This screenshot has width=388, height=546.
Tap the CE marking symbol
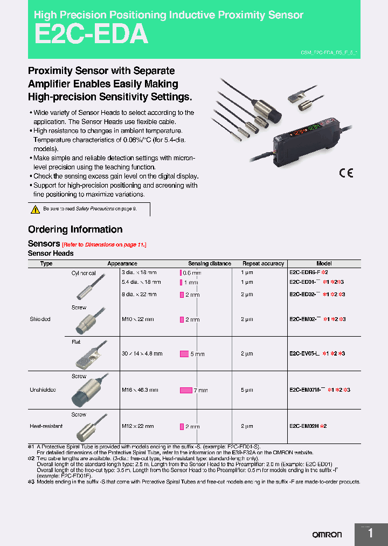(346, 173)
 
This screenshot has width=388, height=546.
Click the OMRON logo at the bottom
(327, 534)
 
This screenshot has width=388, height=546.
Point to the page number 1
(370, 533)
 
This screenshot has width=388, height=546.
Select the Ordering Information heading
(75, 229)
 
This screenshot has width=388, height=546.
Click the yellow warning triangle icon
(36, 209)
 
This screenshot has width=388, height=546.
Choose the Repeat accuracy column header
(263, 263)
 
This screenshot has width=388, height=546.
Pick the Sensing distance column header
(209, 263)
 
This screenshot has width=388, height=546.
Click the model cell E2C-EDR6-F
(305, 273)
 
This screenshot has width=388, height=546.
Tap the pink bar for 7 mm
(186, 390)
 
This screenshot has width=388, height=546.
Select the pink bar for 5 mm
(184, 354)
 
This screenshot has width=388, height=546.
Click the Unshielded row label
(43, 390)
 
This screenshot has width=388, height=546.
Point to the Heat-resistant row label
(46, 426)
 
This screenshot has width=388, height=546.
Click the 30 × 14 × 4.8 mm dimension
(142, 354)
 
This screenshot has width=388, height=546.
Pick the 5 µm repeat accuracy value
(247, 390)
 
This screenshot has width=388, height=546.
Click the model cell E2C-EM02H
(305, 426)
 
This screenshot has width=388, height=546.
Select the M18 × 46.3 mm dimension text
(140, 390)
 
